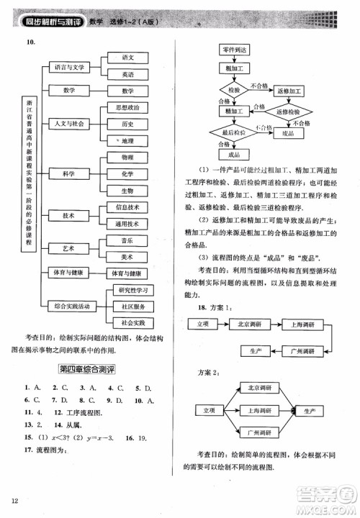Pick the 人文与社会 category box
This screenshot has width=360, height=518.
point(70,124)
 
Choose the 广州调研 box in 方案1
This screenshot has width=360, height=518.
point(301,351)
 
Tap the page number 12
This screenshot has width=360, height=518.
point(14,501)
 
